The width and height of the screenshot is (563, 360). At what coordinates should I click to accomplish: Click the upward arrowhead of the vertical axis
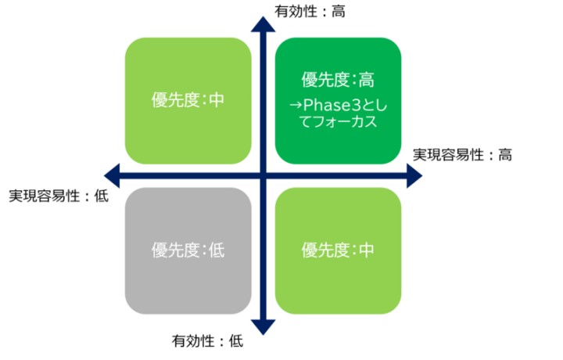pos(263,23)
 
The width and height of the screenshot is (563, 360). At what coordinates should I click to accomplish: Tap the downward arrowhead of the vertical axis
pos(263,327)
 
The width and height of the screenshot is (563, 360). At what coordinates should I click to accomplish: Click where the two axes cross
pos(263,175)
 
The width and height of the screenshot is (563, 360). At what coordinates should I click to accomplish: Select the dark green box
pos(338,100)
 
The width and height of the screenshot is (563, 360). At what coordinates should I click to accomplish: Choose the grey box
pos(188,250)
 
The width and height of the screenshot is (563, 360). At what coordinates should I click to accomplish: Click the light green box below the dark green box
pos(338,250)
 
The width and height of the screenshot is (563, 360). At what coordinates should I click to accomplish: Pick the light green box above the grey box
pos(188,100)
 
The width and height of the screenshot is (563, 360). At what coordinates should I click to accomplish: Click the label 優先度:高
pos(338,80)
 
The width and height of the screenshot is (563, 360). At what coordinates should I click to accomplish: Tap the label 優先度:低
pos(188,250)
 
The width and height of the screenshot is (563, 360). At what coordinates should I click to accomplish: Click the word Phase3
pos(326,105)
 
